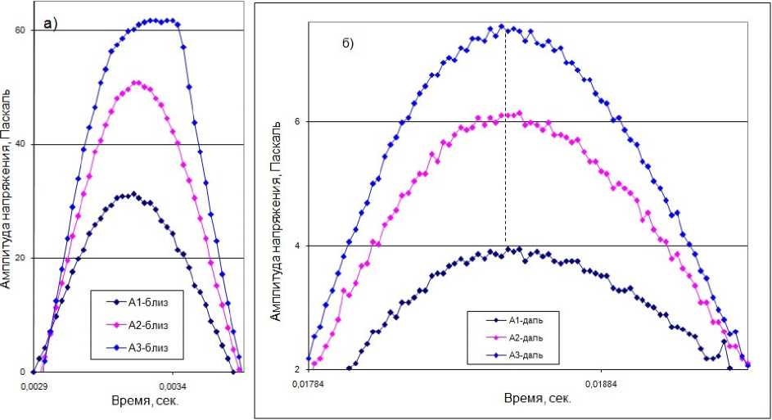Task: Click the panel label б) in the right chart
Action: [x=347, y=43]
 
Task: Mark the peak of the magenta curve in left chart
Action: [x=136, y=82]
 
